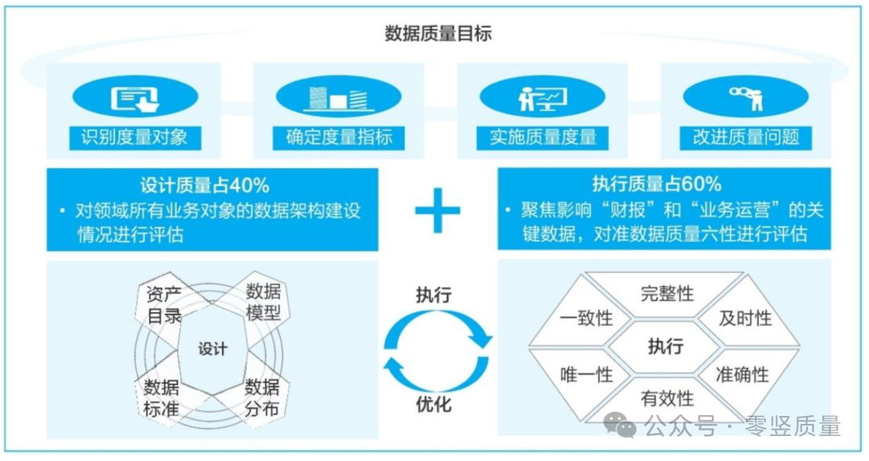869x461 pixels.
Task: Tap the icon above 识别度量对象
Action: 134,99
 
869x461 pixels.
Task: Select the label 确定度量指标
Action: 339,137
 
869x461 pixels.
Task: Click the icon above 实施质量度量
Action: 542,99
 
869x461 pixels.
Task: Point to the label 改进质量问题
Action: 746,137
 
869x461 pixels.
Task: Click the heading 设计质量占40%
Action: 204,184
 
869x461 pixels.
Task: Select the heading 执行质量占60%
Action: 657,184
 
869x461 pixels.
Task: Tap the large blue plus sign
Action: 437,211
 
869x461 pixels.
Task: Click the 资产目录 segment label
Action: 164,303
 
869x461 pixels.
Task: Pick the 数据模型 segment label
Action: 263,302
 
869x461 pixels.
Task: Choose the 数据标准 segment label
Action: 161,397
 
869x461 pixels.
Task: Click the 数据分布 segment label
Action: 262,397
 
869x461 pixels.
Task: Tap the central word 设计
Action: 213,349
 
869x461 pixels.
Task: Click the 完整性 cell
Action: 666,293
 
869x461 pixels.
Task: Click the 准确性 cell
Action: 742,374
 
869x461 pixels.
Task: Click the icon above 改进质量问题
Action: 746,99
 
